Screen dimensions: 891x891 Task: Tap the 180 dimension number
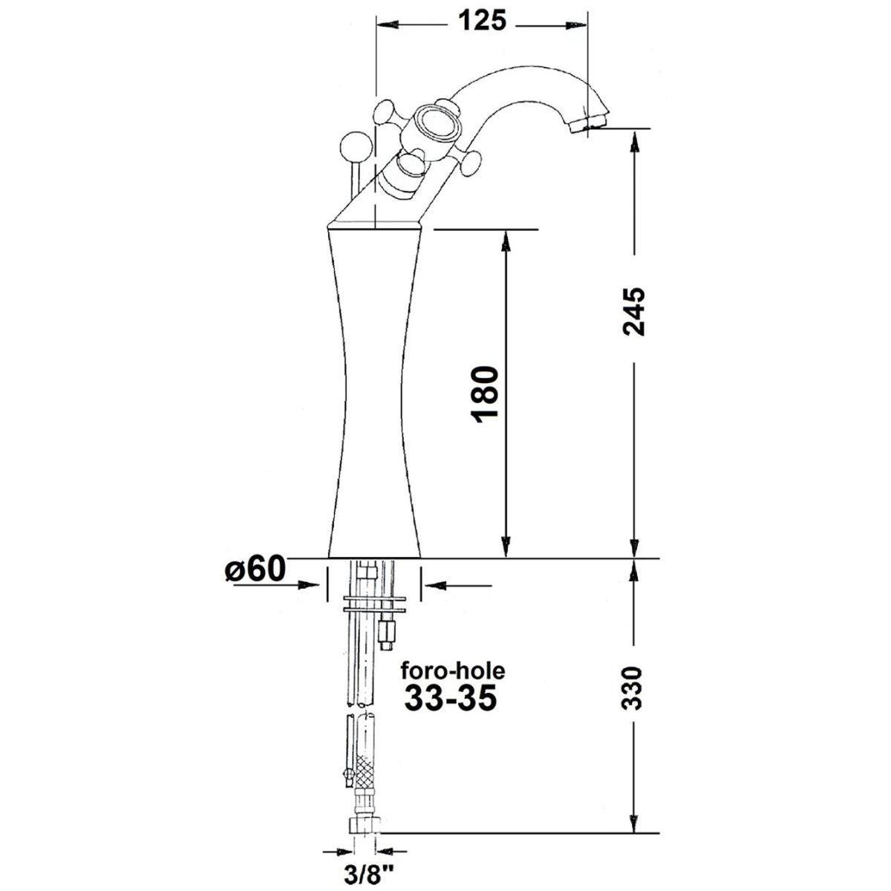[x=485, y=395]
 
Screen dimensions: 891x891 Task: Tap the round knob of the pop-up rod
[x=356, y=148]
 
